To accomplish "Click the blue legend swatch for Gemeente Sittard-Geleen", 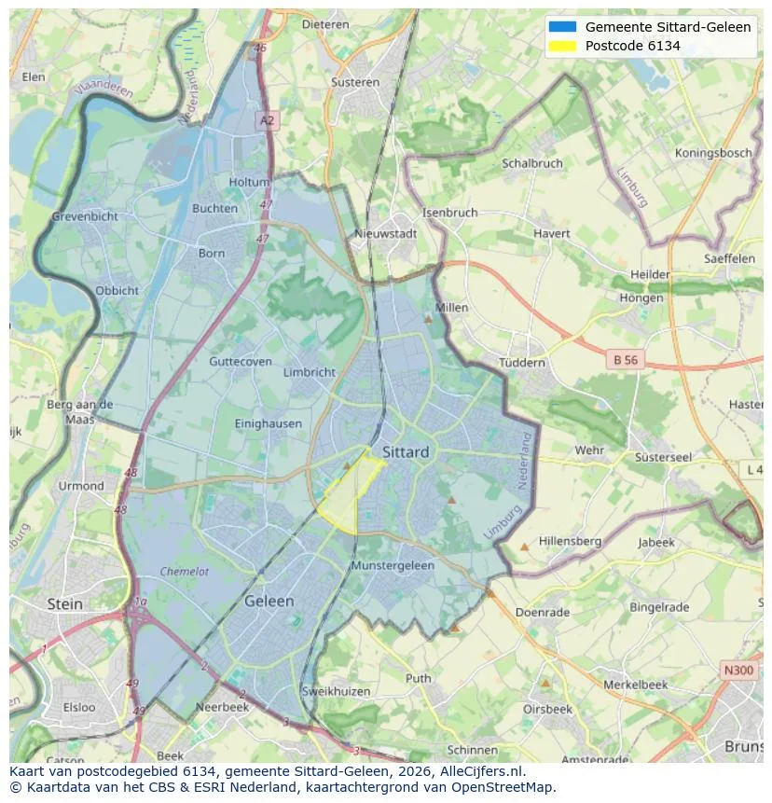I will [x=563, y=27].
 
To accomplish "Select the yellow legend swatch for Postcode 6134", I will [x=563, y=46].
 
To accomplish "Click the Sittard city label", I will [x=406, y=452].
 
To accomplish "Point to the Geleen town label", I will [x=269, y=602].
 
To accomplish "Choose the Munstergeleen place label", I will [x=393, y=566].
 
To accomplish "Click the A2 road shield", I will [x=268, y=120].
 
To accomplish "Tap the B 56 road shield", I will [x=625, y=359].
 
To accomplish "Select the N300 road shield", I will [x=739, y=671].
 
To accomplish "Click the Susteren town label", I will [x=355, y=82].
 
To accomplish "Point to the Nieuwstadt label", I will [x=386, y=234].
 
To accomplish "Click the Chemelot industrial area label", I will [x=185, y=572].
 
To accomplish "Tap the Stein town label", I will [x=64, y=604].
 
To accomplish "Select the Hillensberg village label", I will [x=570, y=541].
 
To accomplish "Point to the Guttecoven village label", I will [x=241, y=362].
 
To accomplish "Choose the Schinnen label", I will [x=472, y=750].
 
